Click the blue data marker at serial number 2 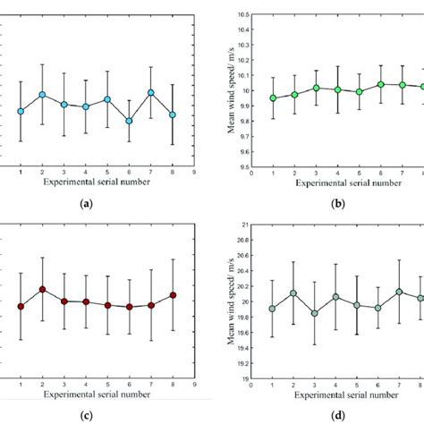coord(42,94)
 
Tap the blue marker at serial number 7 coord(151,92)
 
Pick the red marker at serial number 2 coord(42,289)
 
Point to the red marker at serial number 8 coord(173,294)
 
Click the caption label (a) coord(86,204)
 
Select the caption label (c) coord(86,414)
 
